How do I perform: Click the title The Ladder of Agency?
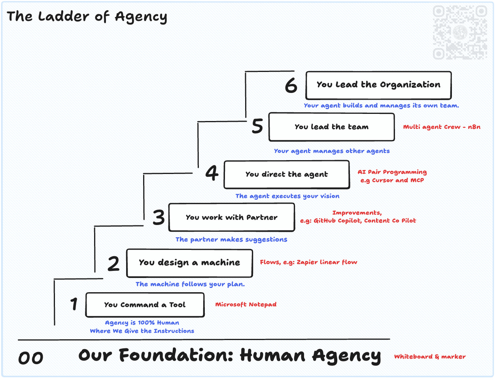coord(87,17)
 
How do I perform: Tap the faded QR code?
coord(460,32)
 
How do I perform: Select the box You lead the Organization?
coord(378,85)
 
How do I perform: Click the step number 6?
coord(291,85)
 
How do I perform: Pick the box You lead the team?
coord(331,127)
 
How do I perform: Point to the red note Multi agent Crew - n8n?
coord(442,127)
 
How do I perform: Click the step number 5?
coord(257,126)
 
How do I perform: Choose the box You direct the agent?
coord(287,174)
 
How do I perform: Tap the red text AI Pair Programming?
coord(392,172)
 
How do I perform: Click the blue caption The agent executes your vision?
coord(287,196)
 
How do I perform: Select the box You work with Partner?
coord(232,217)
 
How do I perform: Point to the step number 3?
coord(159,217)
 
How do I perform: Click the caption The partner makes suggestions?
coord(231,240)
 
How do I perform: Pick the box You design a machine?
coord(189,263)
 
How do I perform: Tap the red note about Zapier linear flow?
coord(308,262)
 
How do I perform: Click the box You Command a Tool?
coord(145,305)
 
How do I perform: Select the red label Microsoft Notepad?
coord(246,304)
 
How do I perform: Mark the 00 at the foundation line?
coord(30,358)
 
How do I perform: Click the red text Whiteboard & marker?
coord(430,357)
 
